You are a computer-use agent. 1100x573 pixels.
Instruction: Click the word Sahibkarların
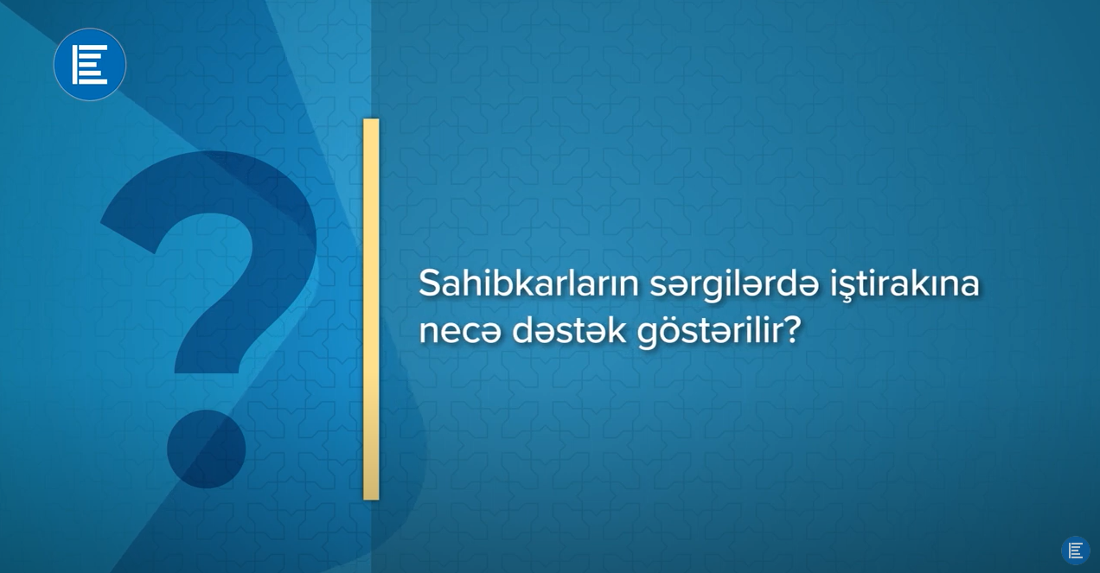528,283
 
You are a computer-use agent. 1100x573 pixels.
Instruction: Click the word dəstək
569,330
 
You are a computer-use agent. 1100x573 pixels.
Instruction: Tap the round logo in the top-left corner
90,64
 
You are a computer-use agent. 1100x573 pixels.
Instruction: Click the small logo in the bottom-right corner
1076,551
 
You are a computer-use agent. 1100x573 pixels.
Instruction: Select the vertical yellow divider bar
371,309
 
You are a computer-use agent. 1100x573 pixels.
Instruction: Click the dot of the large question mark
206,449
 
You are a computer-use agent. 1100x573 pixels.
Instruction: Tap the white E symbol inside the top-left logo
90,64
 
